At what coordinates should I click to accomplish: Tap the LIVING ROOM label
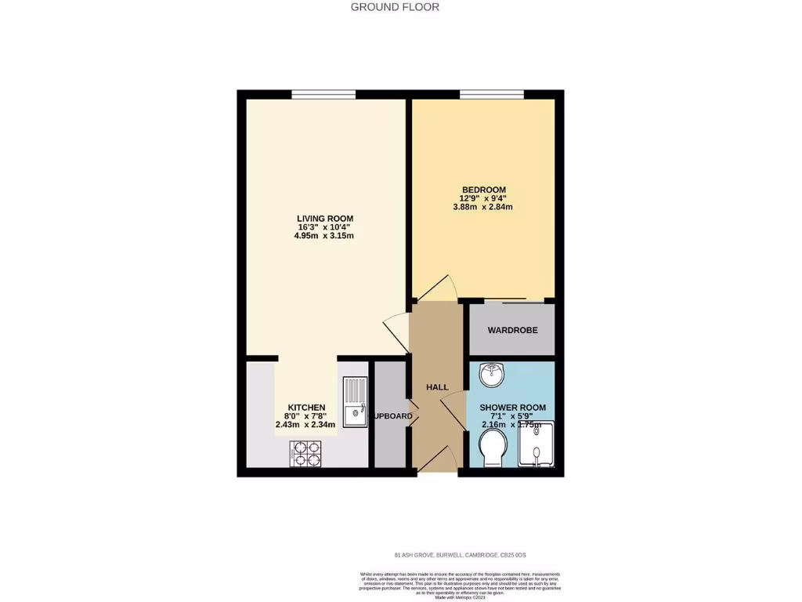point(325,219)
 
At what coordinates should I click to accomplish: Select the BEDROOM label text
point(483,190)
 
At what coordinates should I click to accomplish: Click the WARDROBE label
point(512,330)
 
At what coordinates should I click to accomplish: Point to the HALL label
point(437,387)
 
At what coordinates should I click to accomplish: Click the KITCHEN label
point(306,407)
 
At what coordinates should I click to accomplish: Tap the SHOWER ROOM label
point(512,408)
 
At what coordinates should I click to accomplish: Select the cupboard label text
point(392,416)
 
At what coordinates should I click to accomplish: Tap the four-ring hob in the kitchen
point(305,454)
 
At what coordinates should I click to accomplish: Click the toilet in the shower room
point(494,450)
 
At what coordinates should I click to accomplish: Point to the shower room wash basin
point(493,375)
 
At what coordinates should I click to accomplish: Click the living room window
point(323,95)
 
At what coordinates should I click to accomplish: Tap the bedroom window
point(491,95)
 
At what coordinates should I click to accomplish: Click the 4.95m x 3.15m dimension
point(325,236)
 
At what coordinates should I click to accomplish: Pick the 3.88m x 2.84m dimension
point(483,208)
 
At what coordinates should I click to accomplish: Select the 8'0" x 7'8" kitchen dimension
point(305,416)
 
